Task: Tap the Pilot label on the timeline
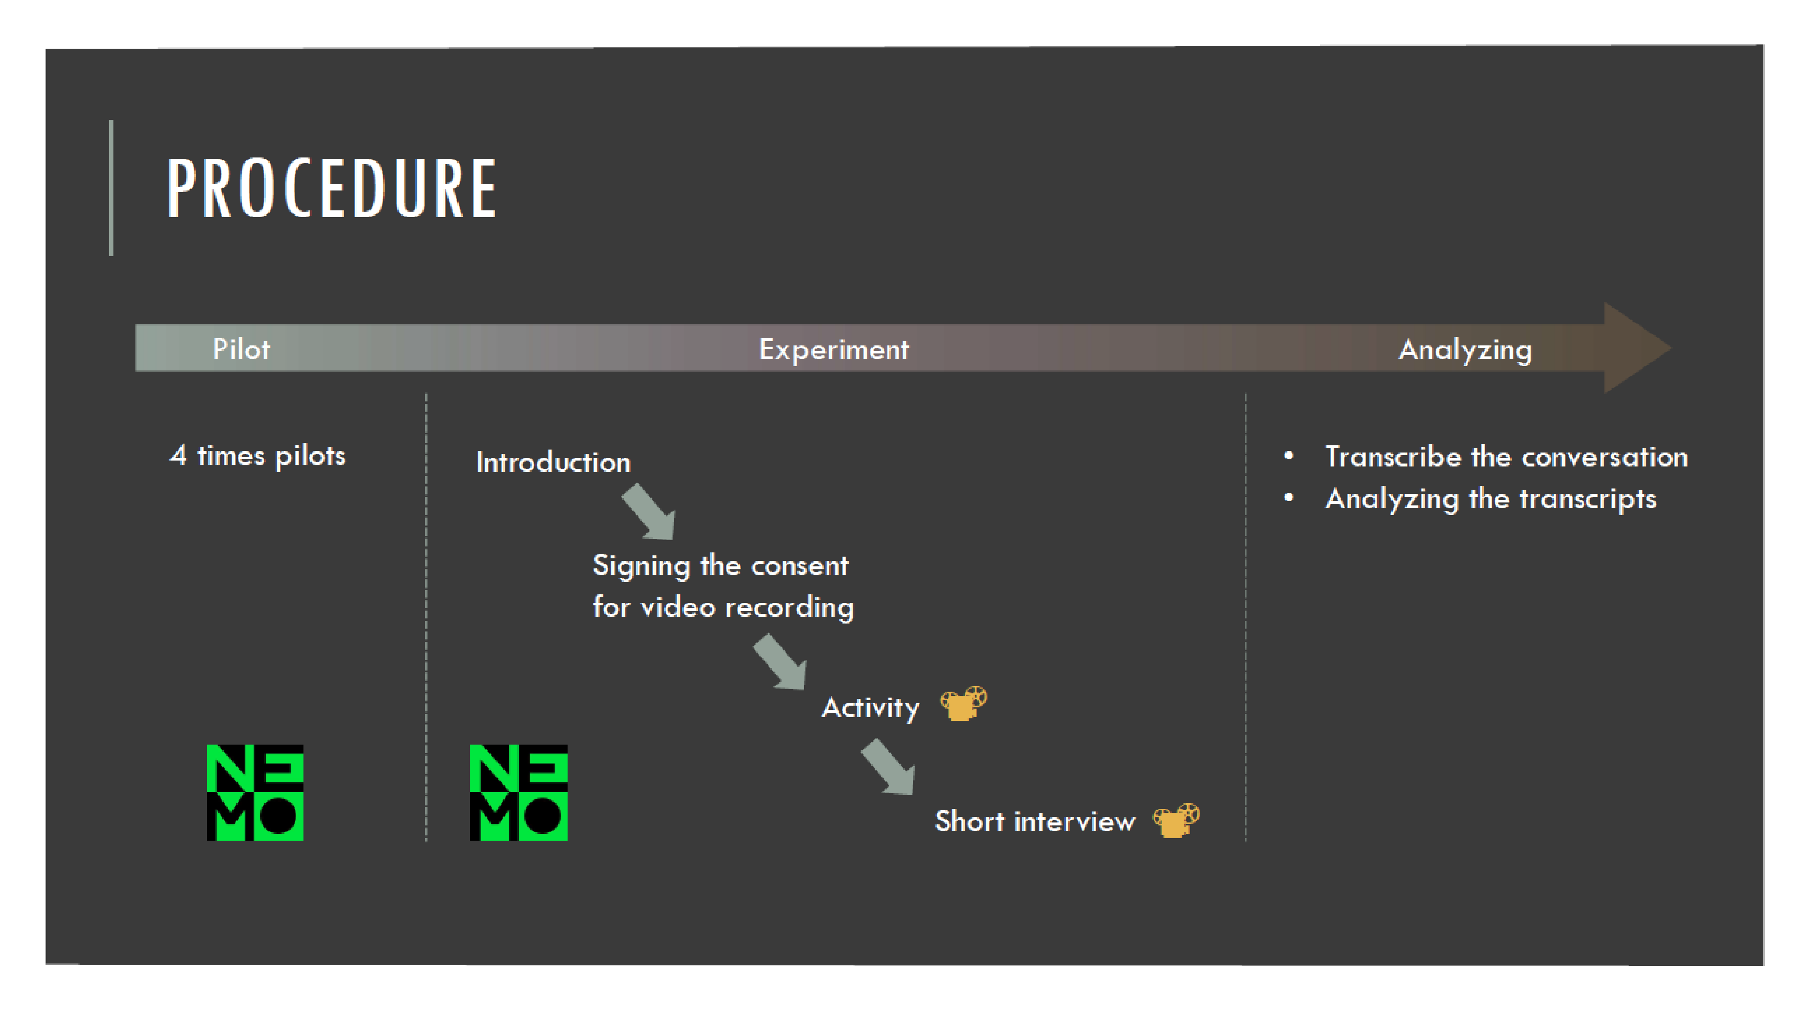(241, 349)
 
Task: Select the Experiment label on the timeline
(834, 349)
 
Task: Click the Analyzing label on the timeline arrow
(1465, 349)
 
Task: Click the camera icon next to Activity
(963, 704)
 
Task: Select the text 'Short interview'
(1035, 821)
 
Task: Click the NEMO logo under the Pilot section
(255, 792)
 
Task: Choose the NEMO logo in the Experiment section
(518, 792)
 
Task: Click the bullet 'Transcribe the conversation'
(1506, 457)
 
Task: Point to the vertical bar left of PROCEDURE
(111, 188)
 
